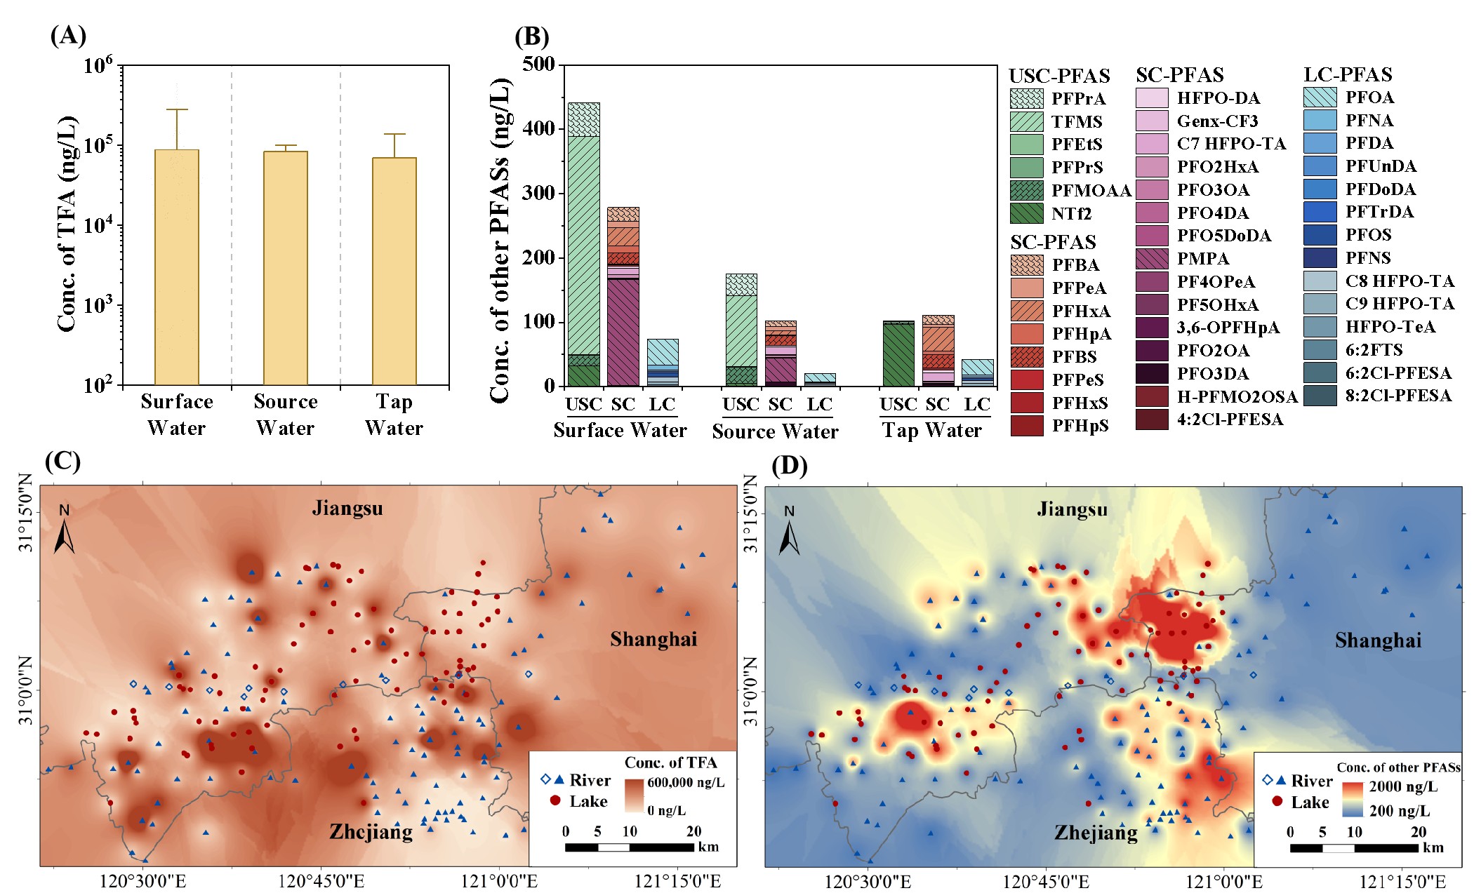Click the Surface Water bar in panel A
point(177,267)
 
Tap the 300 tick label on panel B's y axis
point(538,193)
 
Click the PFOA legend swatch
point(1320,98)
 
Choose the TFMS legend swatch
point(1026,121)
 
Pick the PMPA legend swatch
point(1152,259)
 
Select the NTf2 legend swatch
point(1026,213)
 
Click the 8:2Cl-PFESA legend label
point(1398,396)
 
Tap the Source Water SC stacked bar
point(781,354)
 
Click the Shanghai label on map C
point(653,639)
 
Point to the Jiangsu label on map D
point(1072,509)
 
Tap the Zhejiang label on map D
point(1096,833)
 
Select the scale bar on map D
point(1354,847)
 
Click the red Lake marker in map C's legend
point(555,800)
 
